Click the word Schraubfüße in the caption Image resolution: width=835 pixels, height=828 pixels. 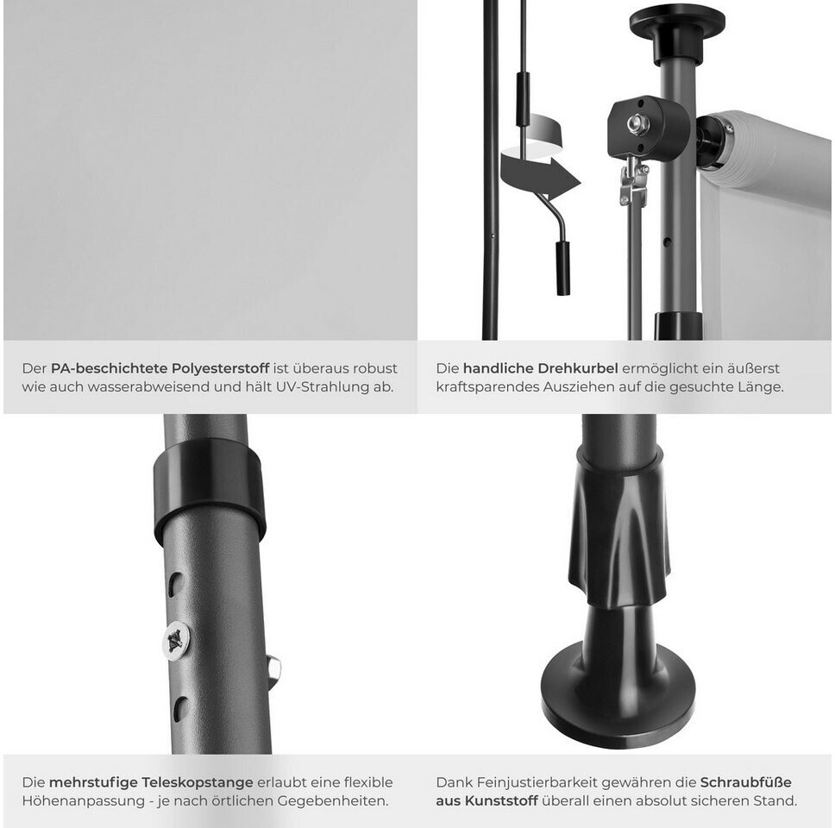click(745, 782)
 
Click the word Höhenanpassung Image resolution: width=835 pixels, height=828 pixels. click(84, 801)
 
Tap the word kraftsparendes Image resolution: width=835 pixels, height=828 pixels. click(487, 387)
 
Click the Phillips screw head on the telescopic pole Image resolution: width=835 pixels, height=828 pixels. click(176, 641)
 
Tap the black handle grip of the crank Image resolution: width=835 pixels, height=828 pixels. click(563, 268)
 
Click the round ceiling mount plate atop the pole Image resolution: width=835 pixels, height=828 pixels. click(677, 22)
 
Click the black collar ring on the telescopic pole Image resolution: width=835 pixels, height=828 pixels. click(210, 489)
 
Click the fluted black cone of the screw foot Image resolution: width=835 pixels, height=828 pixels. click(620, 532)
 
